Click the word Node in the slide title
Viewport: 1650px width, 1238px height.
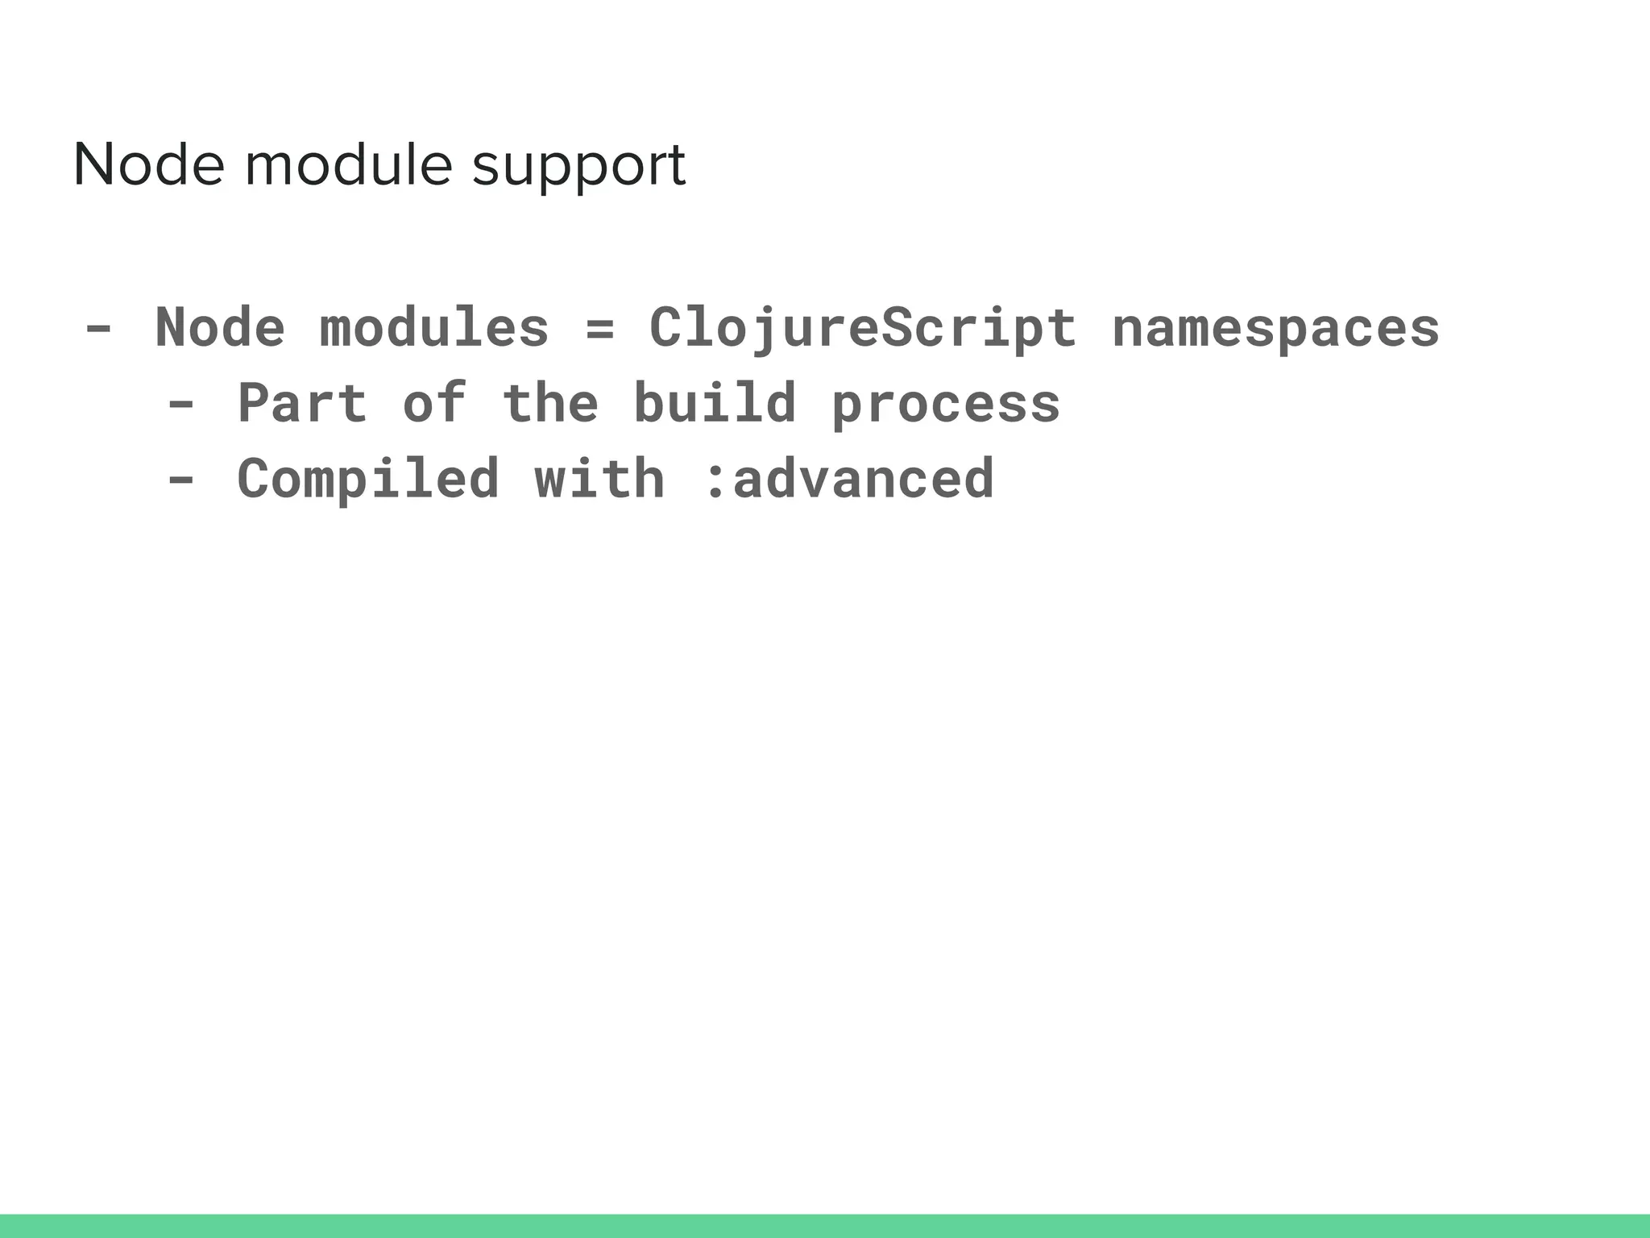pos(148,165)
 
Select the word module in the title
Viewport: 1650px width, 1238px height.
pos(348,165)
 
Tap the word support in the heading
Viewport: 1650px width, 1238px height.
pos(578,168)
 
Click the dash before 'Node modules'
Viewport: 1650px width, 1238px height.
pos(98,329)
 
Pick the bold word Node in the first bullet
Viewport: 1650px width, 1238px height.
pos(220,328)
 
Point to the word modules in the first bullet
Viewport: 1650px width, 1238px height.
pos(434,328)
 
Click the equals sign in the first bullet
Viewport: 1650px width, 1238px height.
pos(599,329)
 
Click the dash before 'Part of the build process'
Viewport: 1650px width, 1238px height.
pos(180,404)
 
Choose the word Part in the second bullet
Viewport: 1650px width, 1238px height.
pos(302,403)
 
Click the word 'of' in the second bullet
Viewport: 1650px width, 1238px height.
pos(434,403)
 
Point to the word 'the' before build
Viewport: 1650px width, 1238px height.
pos(550,403)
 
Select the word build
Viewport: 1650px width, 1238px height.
pos(715,403)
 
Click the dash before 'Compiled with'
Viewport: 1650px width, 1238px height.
pos(180,479)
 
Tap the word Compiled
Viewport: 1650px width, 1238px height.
pos(368,480)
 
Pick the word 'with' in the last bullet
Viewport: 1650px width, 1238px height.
pos(600,479)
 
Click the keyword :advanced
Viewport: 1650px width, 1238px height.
pos(849,479)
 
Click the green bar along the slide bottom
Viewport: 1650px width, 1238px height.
pos(825,1225)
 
